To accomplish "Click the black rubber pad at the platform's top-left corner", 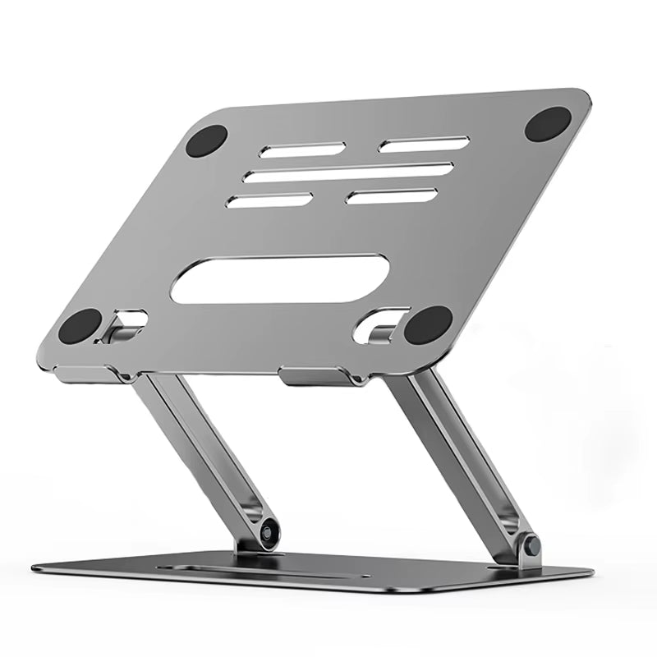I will click(206, 140).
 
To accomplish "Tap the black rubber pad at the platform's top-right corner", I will click(547, 123).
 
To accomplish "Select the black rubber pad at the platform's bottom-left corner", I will click(80, 326).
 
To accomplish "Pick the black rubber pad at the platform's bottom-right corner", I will click(428, 325).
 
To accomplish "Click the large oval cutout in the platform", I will click(279, 279).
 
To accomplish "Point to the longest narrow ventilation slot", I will click(349, 172).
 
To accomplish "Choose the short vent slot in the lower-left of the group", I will click(269, 200).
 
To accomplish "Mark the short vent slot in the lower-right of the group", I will click(391, 196).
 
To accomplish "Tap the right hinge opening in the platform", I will click(379, 324).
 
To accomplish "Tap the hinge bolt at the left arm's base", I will click(268, 532).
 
